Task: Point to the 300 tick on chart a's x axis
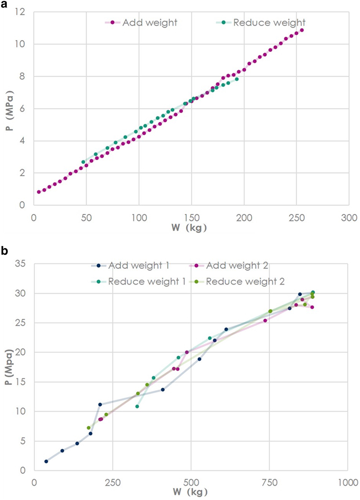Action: point(349,218)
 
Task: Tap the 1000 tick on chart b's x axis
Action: point(348,483)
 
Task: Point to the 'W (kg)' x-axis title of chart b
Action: point(190,492)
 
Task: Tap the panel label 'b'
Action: point(4,251)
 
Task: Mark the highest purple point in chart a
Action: point(302,30)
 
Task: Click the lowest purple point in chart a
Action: point(39,192)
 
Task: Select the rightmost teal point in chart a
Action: point(237,79)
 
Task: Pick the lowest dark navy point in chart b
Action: point(46,461)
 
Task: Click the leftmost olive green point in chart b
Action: point(89,428)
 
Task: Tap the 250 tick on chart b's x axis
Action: point(112,483)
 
